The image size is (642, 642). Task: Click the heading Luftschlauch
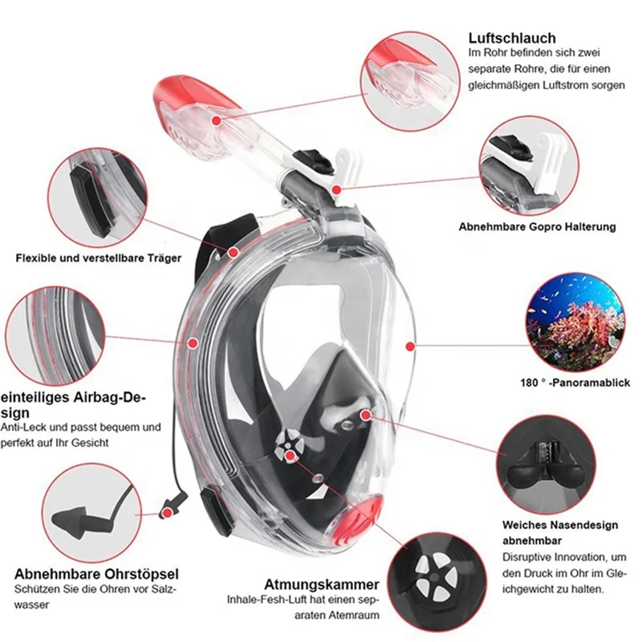(x=511, y=37)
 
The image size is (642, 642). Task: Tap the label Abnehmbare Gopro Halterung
(x=537, y=227)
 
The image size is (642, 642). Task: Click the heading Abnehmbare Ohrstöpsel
(x=96, y=574)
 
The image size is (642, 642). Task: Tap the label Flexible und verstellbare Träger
(x=99, y=258)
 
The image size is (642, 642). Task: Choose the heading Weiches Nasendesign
(x=560, y=525)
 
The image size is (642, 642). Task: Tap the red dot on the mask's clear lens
(x=410, y=346)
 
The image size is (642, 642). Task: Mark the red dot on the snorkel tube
(x=217, y=120)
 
